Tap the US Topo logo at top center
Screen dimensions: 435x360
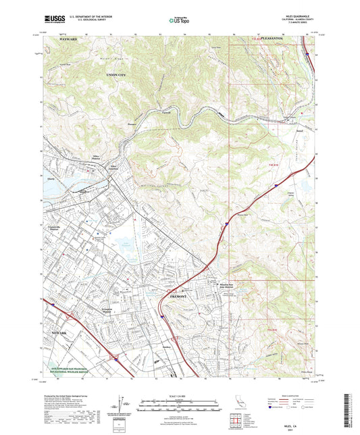[178, 21]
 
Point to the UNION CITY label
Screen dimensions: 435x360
[89, 93]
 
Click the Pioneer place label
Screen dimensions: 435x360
[132, 125]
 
